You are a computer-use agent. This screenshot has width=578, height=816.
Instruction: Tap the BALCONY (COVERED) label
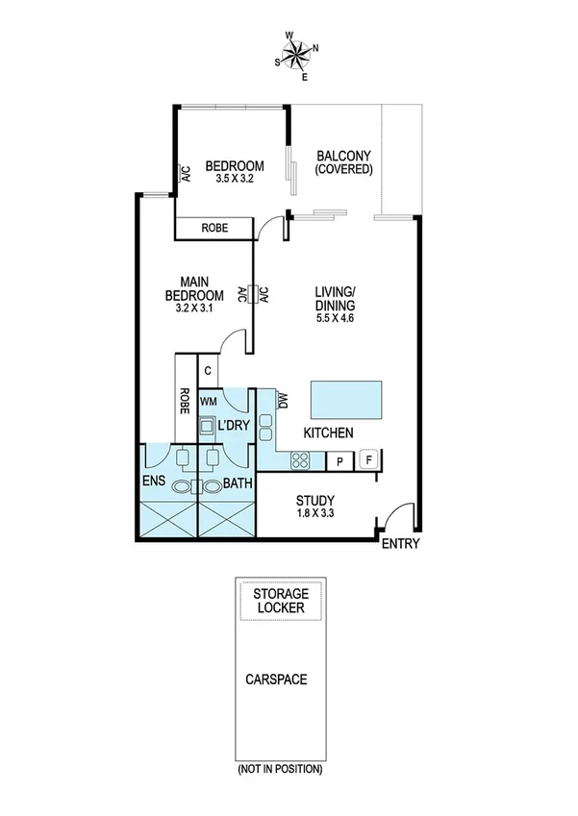343,161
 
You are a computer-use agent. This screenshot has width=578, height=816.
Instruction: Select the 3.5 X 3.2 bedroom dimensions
228,178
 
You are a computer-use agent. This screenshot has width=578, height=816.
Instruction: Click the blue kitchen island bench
345,397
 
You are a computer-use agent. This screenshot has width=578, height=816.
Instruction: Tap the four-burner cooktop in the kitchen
298,460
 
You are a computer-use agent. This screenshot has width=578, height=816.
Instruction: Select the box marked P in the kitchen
339,461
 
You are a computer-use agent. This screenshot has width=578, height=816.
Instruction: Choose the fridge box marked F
368,460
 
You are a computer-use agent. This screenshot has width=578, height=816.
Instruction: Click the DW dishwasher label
283,403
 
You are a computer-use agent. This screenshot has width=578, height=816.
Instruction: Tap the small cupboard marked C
208,370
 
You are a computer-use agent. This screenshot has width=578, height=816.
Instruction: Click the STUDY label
315,500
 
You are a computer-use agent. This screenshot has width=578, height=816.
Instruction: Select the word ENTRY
400,545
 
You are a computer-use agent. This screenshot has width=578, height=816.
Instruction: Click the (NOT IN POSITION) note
279,769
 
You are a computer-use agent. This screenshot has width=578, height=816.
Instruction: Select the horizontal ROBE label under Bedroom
214,229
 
